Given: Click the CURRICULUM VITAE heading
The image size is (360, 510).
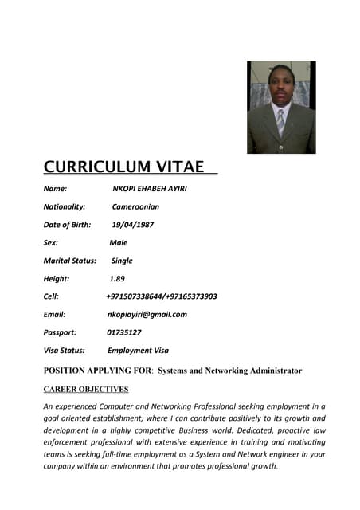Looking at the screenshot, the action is pyautogui.click(x=124, y=167).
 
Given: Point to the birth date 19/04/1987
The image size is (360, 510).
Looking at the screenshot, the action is pyautogui.click(x=133, y=225).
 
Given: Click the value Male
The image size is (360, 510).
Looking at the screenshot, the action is pyautogui.click(x=118, y=243).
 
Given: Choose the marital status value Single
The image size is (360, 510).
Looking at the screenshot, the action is pyautogui.click(x=122, y=261).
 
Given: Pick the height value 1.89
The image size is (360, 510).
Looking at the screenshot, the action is pyautogui.click(x=117, y=279).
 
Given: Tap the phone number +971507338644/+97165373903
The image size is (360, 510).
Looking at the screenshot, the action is pyautogui.click(x=161, y=296).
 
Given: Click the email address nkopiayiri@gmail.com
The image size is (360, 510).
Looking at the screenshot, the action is pyautogui.click(x=147, y=315).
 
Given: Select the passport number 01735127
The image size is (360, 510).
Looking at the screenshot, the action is pyautogui.click(x=123, y=332).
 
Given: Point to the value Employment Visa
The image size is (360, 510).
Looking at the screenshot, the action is pyautogui.click(x=138, y=351).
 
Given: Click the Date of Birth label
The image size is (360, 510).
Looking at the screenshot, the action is pyautogui.click(x=67, y=225).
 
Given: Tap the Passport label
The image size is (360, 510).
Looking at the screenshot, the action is pyautogui.click(x=60, y=332).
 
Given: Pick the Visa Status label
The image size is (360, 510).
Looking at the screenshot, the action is pyautogui.click(x=64, y=351).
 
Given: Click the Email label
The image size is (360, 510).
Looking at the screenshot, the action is pyautogui.click(x=54, y=315).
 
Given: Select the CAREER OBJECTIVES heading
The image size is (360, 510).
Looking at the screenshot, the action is pyautogui.click(x=86, y=390).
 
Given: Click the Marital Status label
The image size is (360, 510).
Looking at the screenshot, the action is pyautogui.click(x=69, y=261).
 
